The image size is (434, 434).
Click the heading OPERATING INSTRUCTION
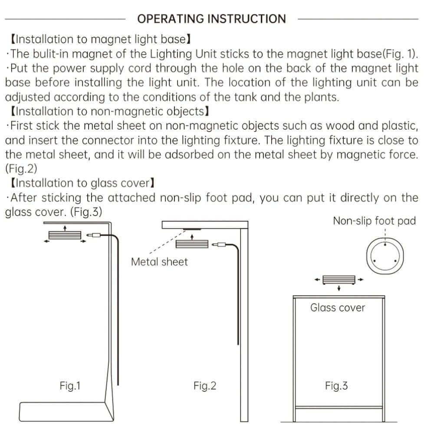click(x=211, y=19)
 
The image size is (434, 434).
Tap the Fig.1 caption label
click(x=70, y=385)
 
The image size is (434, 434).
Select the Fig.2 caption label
click(x=205, y=385)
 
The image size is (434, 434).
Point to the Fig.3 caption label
click(x=336, y=385)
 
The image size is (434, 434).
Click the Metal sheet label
click(x=159, y=262)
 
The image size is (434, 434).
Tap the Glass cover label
click(x=338, y=308)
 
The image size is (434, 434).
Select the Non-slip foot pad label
click(x=374, y=221)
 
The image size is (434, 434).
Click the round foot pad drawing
click(x=385, y=256)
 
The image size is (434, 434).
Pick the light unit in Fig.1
click(x=65, y=235)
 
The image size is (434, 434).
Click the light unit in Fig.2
click(x=192, y=244)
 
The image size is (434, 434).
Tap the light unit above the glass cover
click(x=339, y=279)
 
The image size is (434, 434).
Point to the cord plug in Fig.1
click(x=93, y=235)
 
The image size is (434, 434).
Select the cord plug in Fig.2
click(x=219, y=245)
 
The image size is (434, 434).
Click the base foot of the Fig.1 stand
click(x=66, y=412)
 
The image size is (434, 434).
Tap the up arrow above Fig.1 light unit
click(x=65, y=228)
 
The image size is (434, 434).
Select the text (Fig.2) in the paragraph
click(x=21, y=168)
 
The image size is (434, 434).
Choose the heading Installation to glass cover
click(x=82, y=183)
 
